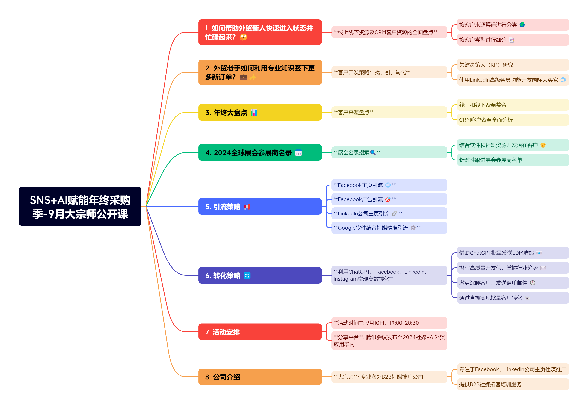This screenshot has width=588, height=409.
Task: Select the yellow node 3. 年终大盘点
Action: tap(260, 112)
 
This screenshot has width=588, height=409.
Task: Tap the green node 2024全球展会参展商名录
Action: tap(260, 153)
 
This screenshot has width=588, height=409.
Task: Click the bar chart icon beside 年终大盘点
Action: tap(254, 113)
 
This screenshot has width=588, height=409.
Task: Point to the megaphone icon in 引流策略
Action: tap(247, 207)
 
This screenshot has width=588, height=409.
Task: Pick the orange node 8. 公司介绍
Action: tap(260, 377)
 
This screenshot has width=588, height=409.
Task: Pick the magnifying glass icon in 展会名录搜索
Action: tap(373, 153)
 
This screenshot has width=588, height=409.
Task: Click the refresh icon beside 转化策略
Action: tap(247, 275)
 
